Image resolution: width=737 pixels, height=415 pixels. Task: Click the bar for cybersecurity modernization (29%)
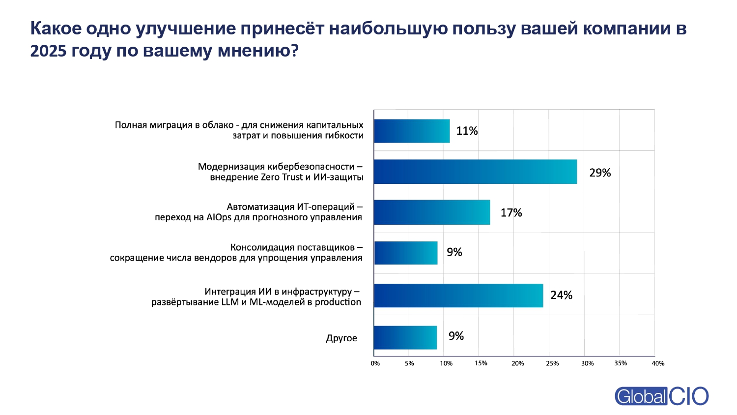coord(475,172)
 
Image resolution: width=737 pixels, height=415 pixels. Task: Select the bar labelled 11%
coord(412,131)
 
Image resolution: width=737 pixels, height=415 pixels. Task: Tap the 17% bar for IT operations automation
coord(432,212)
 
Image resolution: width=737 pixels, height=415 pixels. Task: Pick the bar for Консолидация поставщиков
coord(406,253)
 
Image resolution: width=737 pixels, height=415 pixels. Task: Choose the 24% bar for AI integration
coord(458,295)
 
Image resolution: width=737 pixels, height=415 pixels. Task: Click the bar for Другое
coord(405,337)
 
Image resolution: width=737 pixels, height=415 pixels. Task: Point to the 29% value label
coord(600,173)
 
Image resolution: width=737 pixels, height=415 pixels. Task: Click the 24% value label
coord(561,295)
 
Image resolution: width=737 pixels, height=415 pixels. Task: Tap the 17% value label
coord(511,212)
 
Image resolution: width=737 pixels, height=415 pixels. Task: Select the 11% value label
coord(467,131)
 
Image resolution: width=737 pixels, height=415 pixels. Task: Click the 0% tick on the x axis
coord(375,363)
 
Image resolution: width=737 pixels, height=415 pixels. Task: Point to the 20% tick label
coord(517,363)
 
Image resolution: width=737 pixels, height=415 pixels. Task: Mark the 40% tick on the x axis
coord(658,363)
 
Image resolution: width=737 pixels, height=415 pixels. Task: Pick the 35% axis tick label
coord(621,363)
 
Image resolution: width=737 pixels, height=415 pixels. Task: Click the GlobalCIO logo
coord(661,396)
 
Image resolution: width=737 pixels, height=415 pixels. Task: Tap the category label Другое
coord(341,338)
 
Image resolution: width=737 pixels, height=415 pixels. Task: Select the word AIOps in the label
coord(219,217)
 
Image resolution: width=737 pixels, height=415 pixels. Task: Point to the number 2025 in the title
coord(48,51)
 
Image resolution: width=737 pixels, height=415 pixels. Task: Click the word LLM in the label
coord(230,302)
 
